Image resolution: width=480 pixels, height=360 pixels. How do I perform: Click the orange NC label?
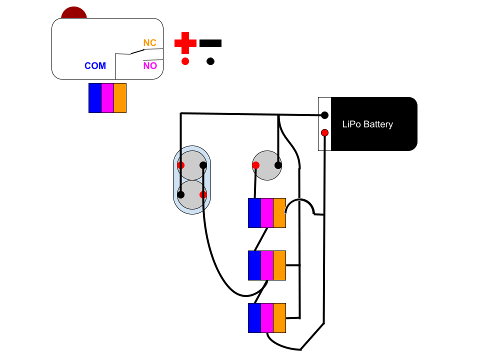coord(150,43)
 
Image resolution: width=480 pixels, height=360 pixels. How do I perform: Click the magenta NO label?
coord(150,65)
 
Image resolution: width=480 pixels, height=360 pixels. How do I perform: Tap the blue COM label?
coord(95,66)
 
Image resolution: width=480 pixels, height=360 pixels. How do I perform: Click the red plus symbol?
coord(185,43)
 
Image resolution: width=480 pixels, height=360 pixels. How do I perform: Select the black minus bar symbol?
coord(210,43)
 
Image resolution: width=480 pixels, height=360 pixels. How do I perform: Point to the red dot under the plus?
coord(185,61)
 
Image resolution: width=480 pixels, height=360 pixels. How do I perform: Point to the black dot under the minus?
coord(210,61)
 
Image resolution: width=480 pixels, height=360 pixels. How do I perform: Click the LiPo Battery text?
coord(367,124)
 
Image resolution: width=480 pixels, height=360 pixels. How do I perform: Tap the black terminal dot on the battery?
coord(324,115)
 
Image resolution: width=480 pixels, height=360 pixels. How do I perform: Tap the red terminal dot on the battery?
coord(324,132)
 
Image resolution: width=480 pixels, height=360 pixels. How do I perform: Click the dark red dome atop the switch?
coord(74,12)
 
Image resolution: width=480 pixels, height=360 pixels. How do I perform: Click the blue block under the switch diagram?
coord(95,98)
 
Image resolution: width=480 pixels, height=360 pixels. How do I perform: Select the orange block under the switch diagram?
coord(120,98)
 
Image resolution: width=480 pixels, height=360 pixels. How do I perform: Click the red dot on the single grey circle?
coord(255,165)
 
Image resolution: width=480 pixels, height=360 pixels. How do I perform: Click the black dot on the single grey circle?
coord(278,165)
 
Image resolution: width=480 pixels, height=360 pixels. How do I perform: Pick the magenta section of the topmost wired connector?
coord(267,213)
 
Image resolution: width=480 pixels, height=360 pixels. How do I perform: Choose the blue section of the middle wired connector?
coord(254,265)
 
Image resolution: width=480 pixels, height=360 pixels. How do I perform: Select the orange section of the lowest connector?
coord(279,318)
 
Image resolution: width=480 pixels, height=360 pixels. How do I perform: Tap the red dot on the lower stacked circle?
coord(203,194)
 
